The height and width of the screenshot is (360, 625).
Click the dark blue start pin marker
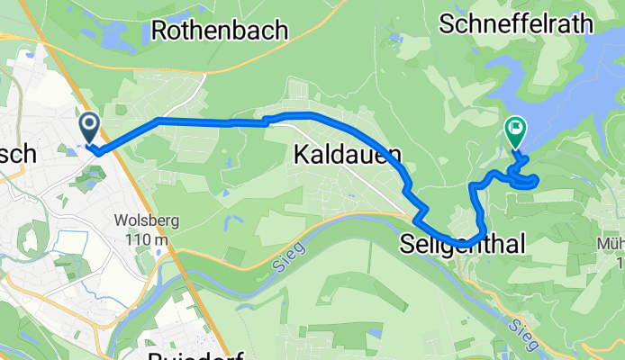(x=90, y=127)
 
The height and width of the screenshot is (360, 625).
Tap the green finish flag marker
(x=515, y=133)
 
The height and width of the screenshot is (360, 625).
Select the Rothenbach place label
(x=221, y=31)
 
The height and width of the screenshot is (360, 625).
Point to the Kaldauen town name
(x=348, y=156)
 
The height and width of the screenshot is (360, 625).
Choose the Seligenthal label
(x=460, y=244)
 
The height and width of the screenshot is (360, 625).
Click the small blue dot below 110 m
(x=159, y=253)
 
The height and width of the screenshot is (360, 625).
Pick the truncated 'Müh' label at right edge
(x=613, y=244)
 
